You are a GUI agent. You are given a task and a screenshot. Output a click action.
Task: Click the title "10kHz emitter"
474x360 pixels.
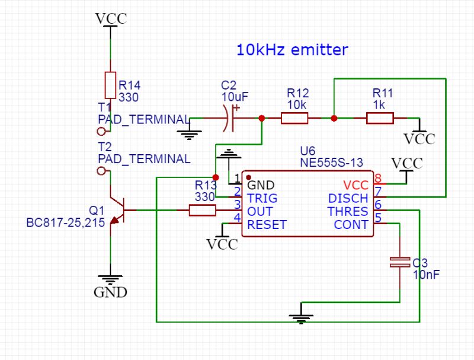pyautogui.click(x=292, y=50)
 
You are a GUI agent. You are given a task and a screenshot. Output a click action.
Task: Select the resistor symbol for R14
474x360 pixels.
pyautogui.click(x=110, y=85)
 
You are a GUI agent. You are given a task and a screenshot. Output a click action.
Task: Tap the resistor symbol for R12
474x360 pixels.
pyautogui.click(x=294, y=119)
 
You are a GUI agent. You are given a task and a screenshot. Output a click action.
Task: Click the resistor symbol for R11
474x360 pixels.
pyautogui.click(x=380, y=119)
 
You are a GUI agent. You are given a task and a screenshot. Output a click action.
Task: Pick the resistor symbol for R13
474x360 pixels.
pyautogui.click(x=203, y=210)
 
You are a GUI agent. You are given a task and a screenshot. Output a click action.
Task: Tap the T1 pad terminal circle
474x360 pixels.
pyautogui.click(x=101, y=131)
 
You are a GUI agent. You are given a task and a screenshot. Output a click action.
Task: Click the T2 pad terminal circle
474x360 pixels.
pyautogui.click(x=101, y=171)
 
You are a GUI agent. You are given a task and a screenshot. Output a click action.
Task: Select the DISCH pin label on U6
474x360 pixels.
pyautogui.click(x=348, y=198)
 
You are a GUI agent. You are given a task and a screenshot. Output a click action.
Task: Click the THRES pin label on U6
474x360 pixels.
pyautogui.click(x=349, y=211)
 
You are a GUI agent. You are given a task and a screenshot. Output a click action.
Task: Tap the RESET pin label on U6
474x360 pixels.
pyautogui.click(x=267, y=225)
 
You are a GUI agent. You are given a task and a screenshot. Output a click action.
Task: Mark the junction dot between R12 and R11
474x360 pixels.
pyautogui.click(x=334, y=119)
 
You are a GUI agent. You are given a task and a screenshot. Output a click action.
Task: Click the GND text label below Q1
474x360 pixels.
pyautogui.click(x=110, y=292)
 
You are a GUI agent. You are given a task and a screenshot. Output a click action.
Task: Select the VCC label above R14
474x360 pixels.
pyautogui.click(x=111, y=18)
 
